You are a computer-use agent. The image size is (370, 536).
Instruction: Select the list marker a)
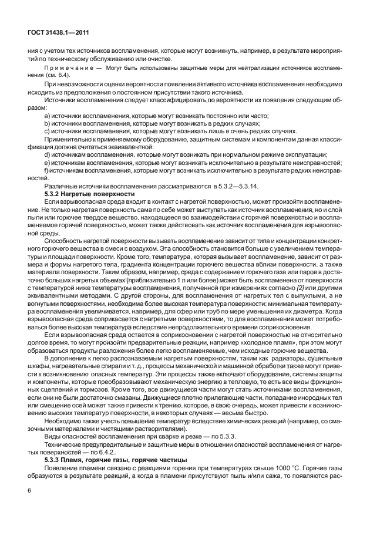pos(47,116)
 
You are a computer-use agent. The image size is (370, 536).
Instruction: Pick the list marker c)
pos(47,132)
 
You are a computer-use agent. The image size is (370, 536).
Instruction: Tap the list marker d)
pos(47,154)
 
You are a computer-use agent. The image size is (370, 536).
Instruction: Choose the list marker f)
pos(47,170)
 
